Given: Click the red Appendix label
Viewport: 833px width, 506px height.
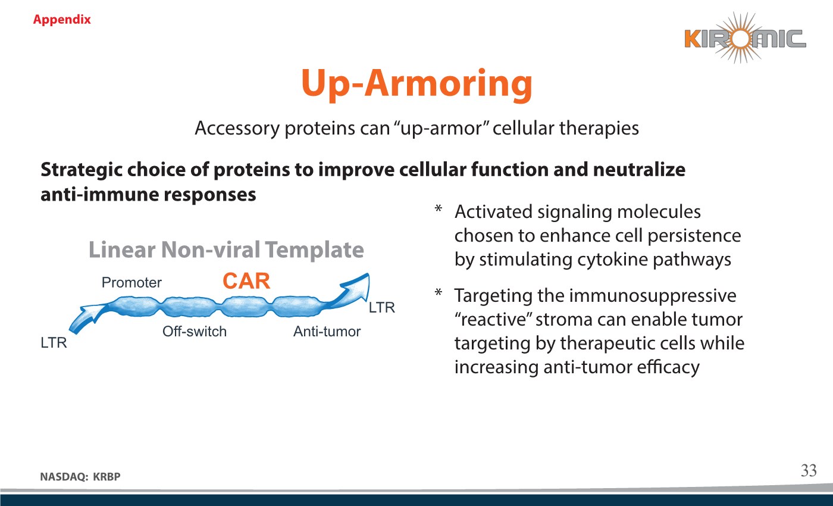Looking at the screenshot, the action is (x=62, y=19).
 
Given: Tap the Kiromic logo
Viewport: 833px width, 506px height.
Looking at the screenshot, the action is (x=745, y=38).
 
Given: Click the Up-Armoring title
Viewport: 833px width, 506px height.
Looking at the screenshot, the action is (x=416, y=83).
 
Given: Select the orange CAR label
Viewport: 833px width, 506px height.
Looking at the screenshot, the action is (x=246, y=281).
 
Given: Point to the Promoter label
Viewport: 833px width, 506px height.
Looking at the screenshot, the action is (x=131, y=283).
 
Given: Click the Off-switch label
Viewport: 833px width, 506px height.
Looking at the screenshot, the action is (x=195, y=332).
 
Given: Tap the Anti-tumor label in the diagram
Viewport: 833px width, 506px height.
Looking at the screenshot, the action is (x=327, y=332).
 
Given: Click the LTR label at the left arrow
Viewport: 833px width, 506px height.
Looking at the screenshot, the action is (x=54, y=343).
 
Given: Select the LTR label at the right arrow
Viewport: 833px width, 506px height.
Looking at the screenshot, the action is (x=381, y=308).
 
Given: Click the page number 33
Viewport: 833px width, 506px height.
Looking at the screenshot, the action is (x=809, y=470).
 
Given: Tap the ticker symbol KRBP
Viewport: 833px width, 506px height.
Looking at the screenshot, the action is (x=107, y=477).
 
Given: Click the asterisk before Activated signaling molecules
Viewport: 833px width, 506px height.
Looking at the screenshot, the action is (x=439, y=208).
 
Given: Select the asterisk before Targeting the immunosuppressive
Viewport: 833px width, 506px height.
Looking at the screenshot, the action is (x=439, y=292).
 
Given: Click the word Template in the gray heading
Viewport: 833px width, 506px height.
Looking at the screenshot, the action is (x=314, y=249).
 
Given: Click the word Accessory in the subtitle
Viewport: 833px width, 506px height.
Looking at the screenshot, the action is (x=237, y=129).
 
